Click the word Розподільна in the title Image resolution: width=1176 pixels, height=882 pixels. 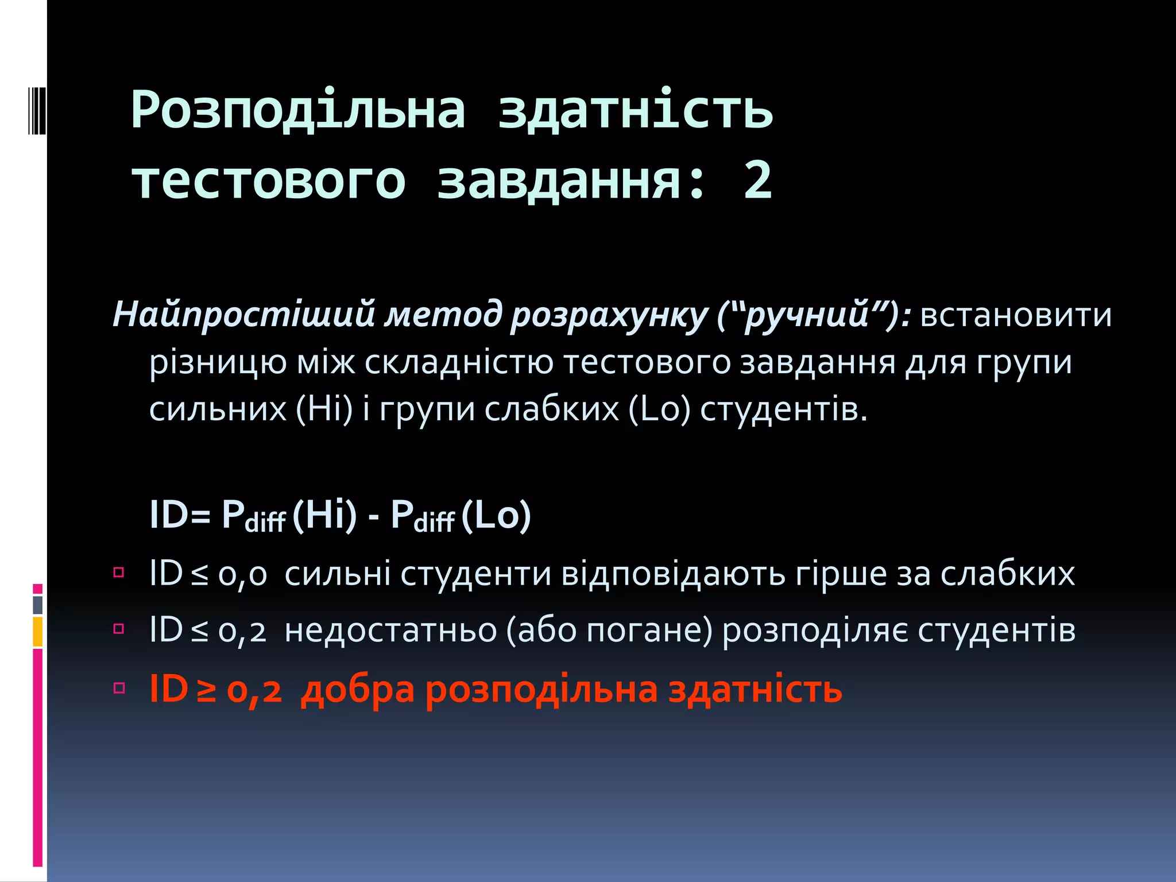pyautogui.click(x=298, y=110)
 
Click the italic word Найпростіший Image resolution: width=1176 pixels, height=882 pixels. pyautogui.click(x=243, y=315)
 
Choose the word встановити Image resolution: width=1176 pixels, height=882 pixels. pyautogui.click(x=1016, y=315)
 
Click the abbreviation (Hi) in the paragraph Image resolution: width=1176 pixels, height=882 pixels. pyautogui.click(x=324, y=409)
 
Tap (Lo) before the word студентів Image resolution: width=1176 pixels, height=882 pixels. pyautogui.click(x=659, y=409)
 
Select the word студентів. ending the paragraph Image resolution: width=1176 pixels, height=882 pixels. pyautogui.click(x=783, y=409)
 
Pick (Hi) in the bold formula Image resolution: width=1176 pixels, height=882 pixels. pyautogui.click(x=324, y=514)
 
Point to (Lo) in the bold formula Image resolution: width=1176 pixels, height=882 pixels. pyautogui.click(x=496, y=514)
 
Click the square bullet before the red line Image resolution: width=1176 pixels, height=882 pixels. pyautogui.click(x=119, y=687)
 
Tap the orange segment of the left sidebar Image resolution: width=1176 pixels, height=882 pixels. pyautogui.click(x=38, y=632)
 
